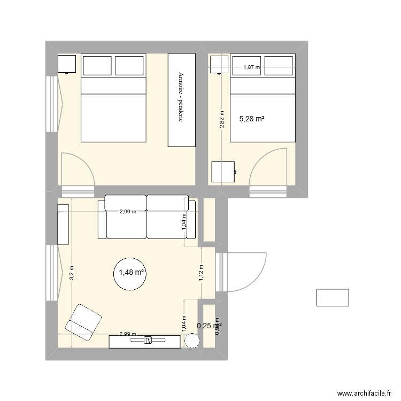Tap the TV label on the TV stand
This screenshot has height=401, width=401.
[148, 340]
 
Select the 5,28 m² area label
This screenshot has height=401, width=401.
[251, 119]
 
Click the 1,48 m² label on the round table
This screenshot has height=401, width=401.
[131, 273]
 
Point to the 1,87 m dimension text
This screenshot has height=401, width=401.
[251, 67]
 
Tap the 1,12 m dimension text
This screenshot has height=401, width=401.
[200, 273]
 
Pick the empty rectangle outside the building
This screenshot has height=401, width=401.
[333, 297]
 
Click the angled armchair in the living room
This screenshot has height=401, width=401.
[84, 322]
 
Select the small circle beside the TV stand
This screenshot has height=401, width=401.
[191, 341]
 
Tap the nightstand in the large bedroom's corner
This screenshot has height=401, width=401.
[67, 64]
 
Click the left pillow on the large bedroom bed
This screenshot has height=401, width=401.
[96, 65]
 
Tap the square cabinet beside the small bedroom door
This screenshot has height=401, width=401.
[222, 172]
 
